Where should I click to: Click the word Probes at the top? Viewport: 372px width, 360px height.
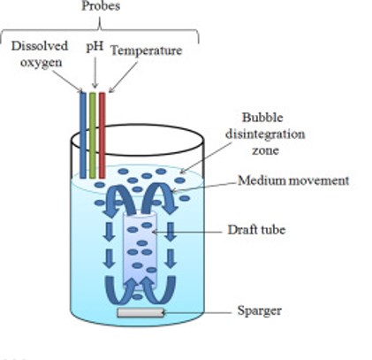pyautogui.click(x=101, y=6)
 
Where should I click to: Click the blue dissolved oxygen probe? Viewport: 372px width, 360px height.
pyautogui.click(x=83, y=135)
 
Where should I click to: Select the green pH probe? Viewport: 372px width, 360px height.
pyautogui.click(x=93, y=135)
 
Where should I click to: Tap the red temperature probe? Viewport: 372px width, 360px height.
pyautogui.click(x=102, y=135)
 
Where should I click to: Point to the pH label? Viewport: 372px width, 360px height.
pyautogui.click(x=95, y=47)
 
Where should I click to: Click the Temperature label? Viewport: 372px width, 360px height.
pyautogui.click(x=147, y=50)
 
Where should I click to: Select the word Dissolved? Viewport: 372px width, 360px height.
pyautogui.click(x=40, y=46)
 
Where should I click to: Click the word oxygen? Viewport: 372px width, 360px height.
pyautogui.click(x=42, y=63)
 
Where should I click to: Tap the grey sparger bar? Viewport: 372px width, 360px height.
pyautogui.click(x=140, y=312)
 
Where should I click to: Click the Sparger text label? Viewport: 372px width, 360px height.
pyautogui.click(x=260, y=311)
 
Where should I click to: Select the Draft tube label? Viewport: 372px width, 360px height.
pyautogui.click(x=256, y=230)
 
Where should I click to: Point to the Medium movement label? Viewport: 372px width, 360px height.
pyautogui.click(x=293, y=180)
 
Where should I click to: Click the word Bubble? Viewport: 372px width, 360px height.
pyautogui.click(x=262, y=118)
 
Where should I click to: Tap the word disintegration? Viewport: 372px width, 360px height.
pyautogui.click(x=265, y=134)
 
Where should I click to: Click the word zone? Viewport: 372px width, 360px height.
pyautogui.click(x=265, y=150)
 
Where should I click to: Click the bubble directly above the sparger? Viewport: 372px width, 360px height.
pyautogui.click(x=137, y=297)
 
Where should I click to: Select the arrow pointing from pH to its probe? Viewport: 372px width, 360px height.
pyautogui.click(x=95, y=73)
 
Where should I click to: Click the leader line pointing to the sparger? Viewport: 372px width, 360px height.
pyautogui.click(x=197, y=312)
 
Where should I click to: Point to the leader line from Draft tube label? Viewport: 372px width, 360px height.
pyautogui.click(x=186, y=233)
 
